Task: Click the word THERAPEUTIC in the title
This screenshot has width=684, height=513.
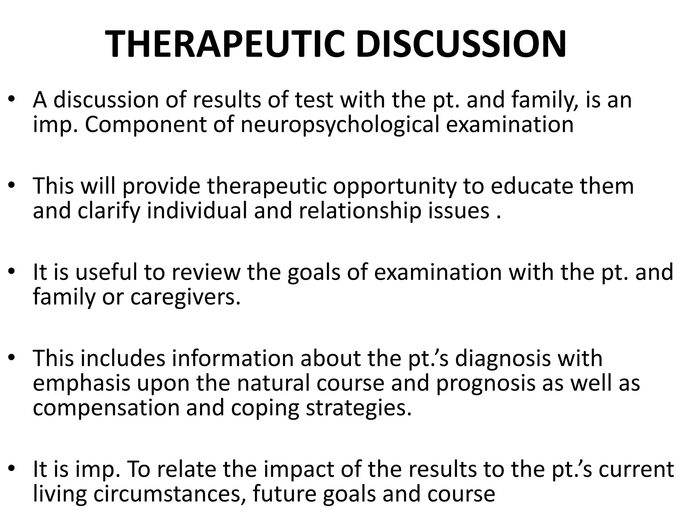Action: [x=224, y=44]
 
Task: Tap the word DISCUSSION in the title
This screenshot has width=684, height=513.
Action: [x=461, y=44]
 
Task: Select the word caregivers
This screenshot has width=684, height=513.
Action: [x=185, y=297]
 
